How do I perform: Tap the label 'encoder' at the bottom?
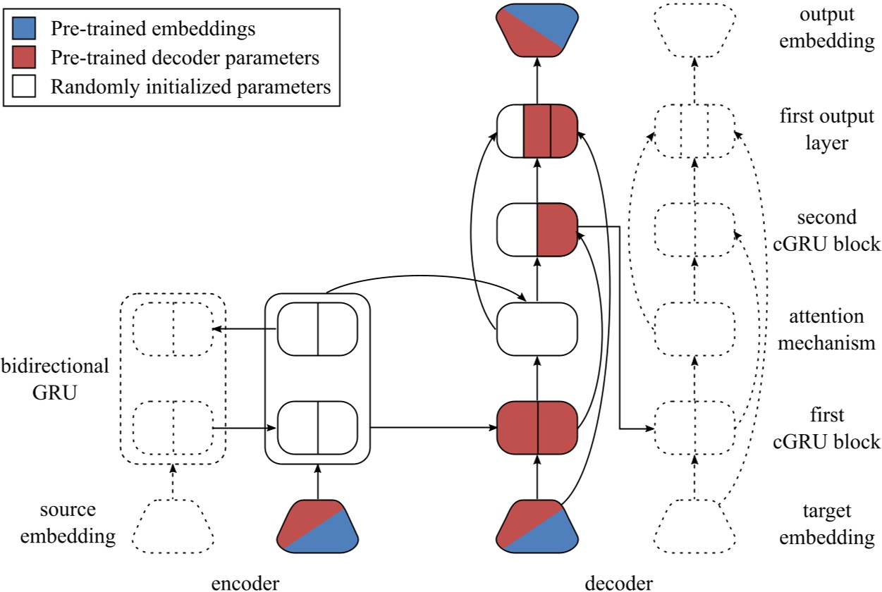246,582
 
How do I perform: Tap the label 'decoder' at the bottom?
618,582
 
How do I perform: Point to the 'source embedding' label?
67,523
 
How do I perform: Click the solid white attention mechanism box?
537,328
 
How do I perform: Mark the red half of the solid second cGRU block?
556,230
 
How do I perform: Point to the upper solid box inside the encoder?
317,328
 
